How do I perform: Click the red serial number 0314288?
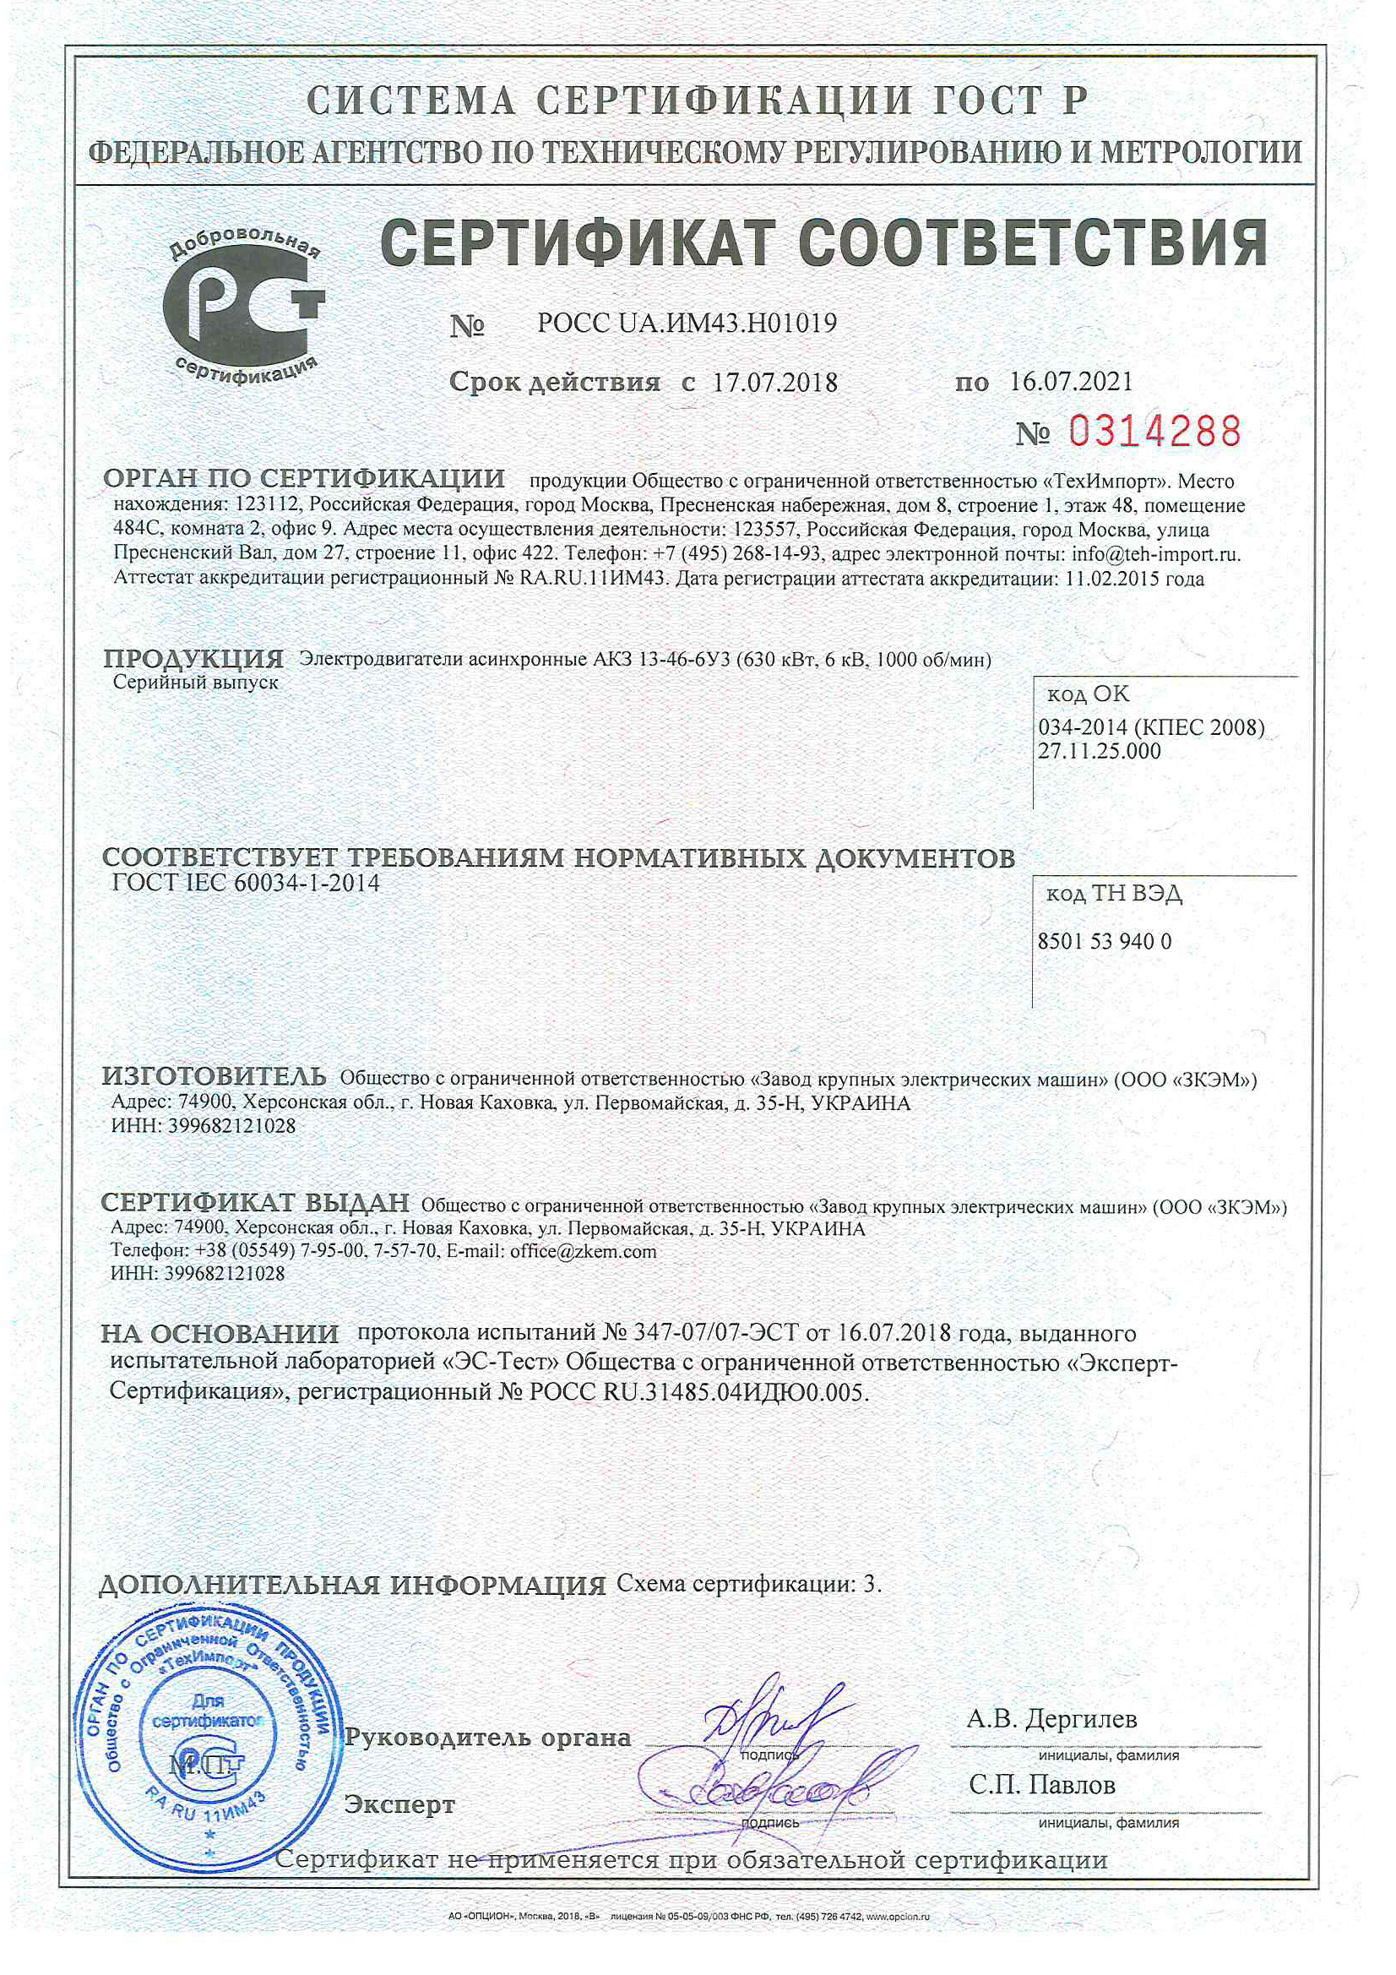(1154, 431)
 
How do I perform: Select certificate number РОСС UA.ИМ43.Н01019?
(687, 324)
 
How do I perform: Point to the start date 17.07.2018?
(774, 382)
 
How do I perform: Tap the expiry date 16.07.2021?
(1071, 381)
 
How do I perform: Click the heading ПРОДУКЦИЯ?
(193, 659)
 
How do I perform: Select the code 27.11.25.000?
(1099, 751)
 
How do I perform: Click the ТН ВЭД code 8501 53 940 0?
(1105, 941)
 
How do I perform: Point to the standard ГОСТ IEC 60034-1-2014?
(246, 884)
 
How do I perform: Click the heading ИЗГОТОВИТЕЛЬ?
(214, 1076)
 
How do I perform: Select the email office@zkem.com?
(583, 1252)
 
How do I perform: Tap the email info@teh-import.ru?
(1155, 554)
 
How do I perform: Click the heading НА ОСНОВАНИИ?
(220, 1333)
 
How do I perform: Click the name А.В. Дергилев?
(1051, 1719)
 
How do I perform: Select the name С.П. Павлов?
(1041, 1785)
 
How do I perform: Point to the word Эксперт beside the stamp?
(399, 1804)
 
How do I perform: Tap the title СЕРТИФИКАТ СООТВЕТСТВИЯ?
(823, 243)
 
